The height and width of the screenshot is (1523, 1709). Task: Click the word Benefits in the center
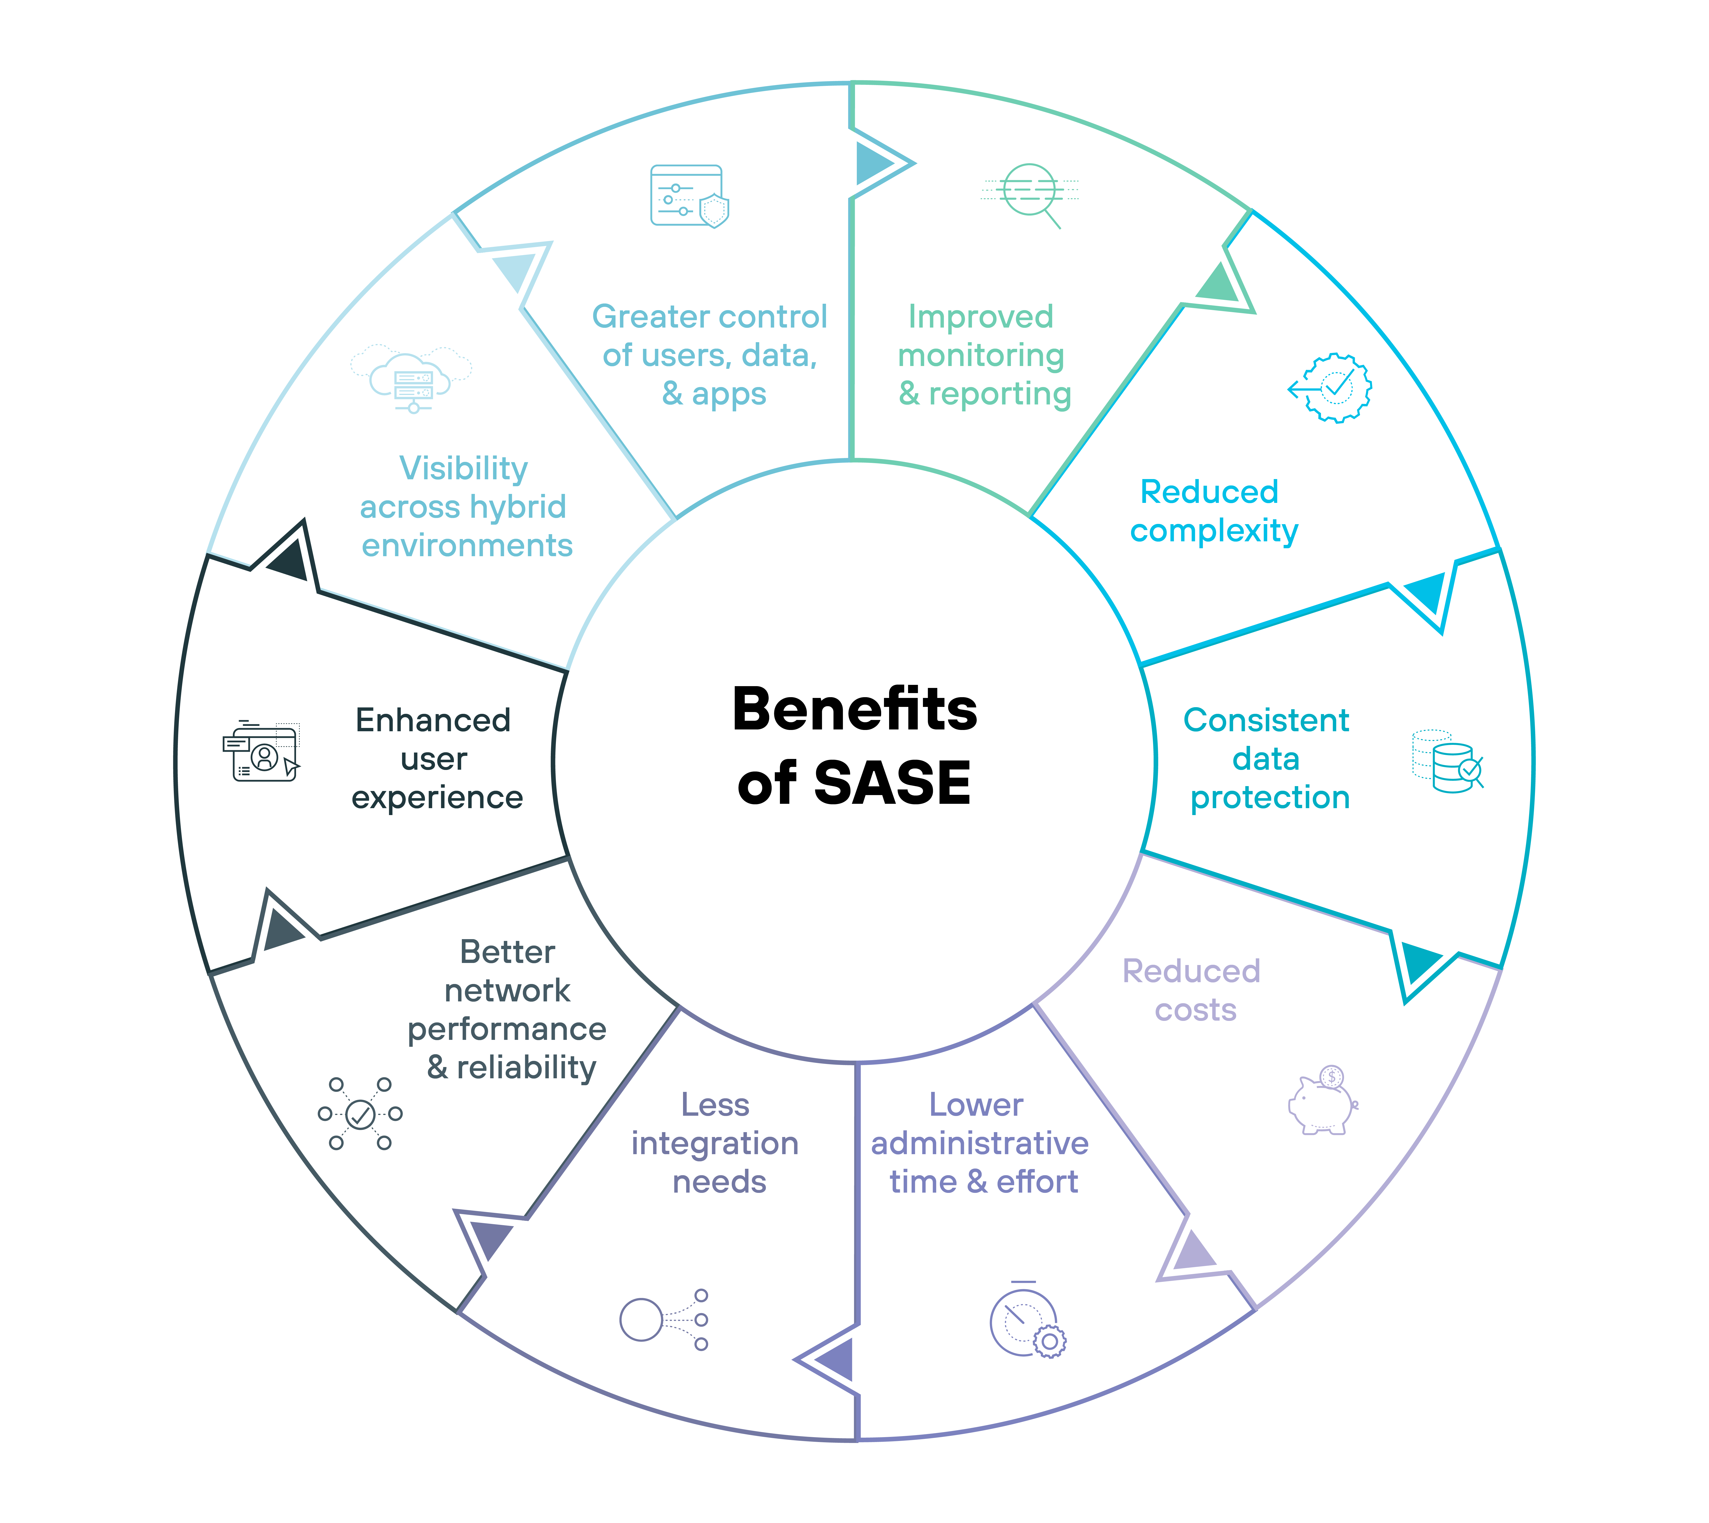click(x=854, y=709)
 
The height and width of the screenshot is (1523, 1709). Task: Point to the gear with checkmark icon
click(x=1332, y=388)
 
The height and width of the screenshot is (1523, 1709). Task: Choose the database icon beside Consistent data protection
click(x=1448, y=761)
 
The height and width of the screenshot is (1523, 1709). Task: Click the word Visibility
click(x=464, y=469)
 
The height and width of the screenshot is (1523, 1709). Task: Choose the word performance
click(x=506, y=1029)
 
